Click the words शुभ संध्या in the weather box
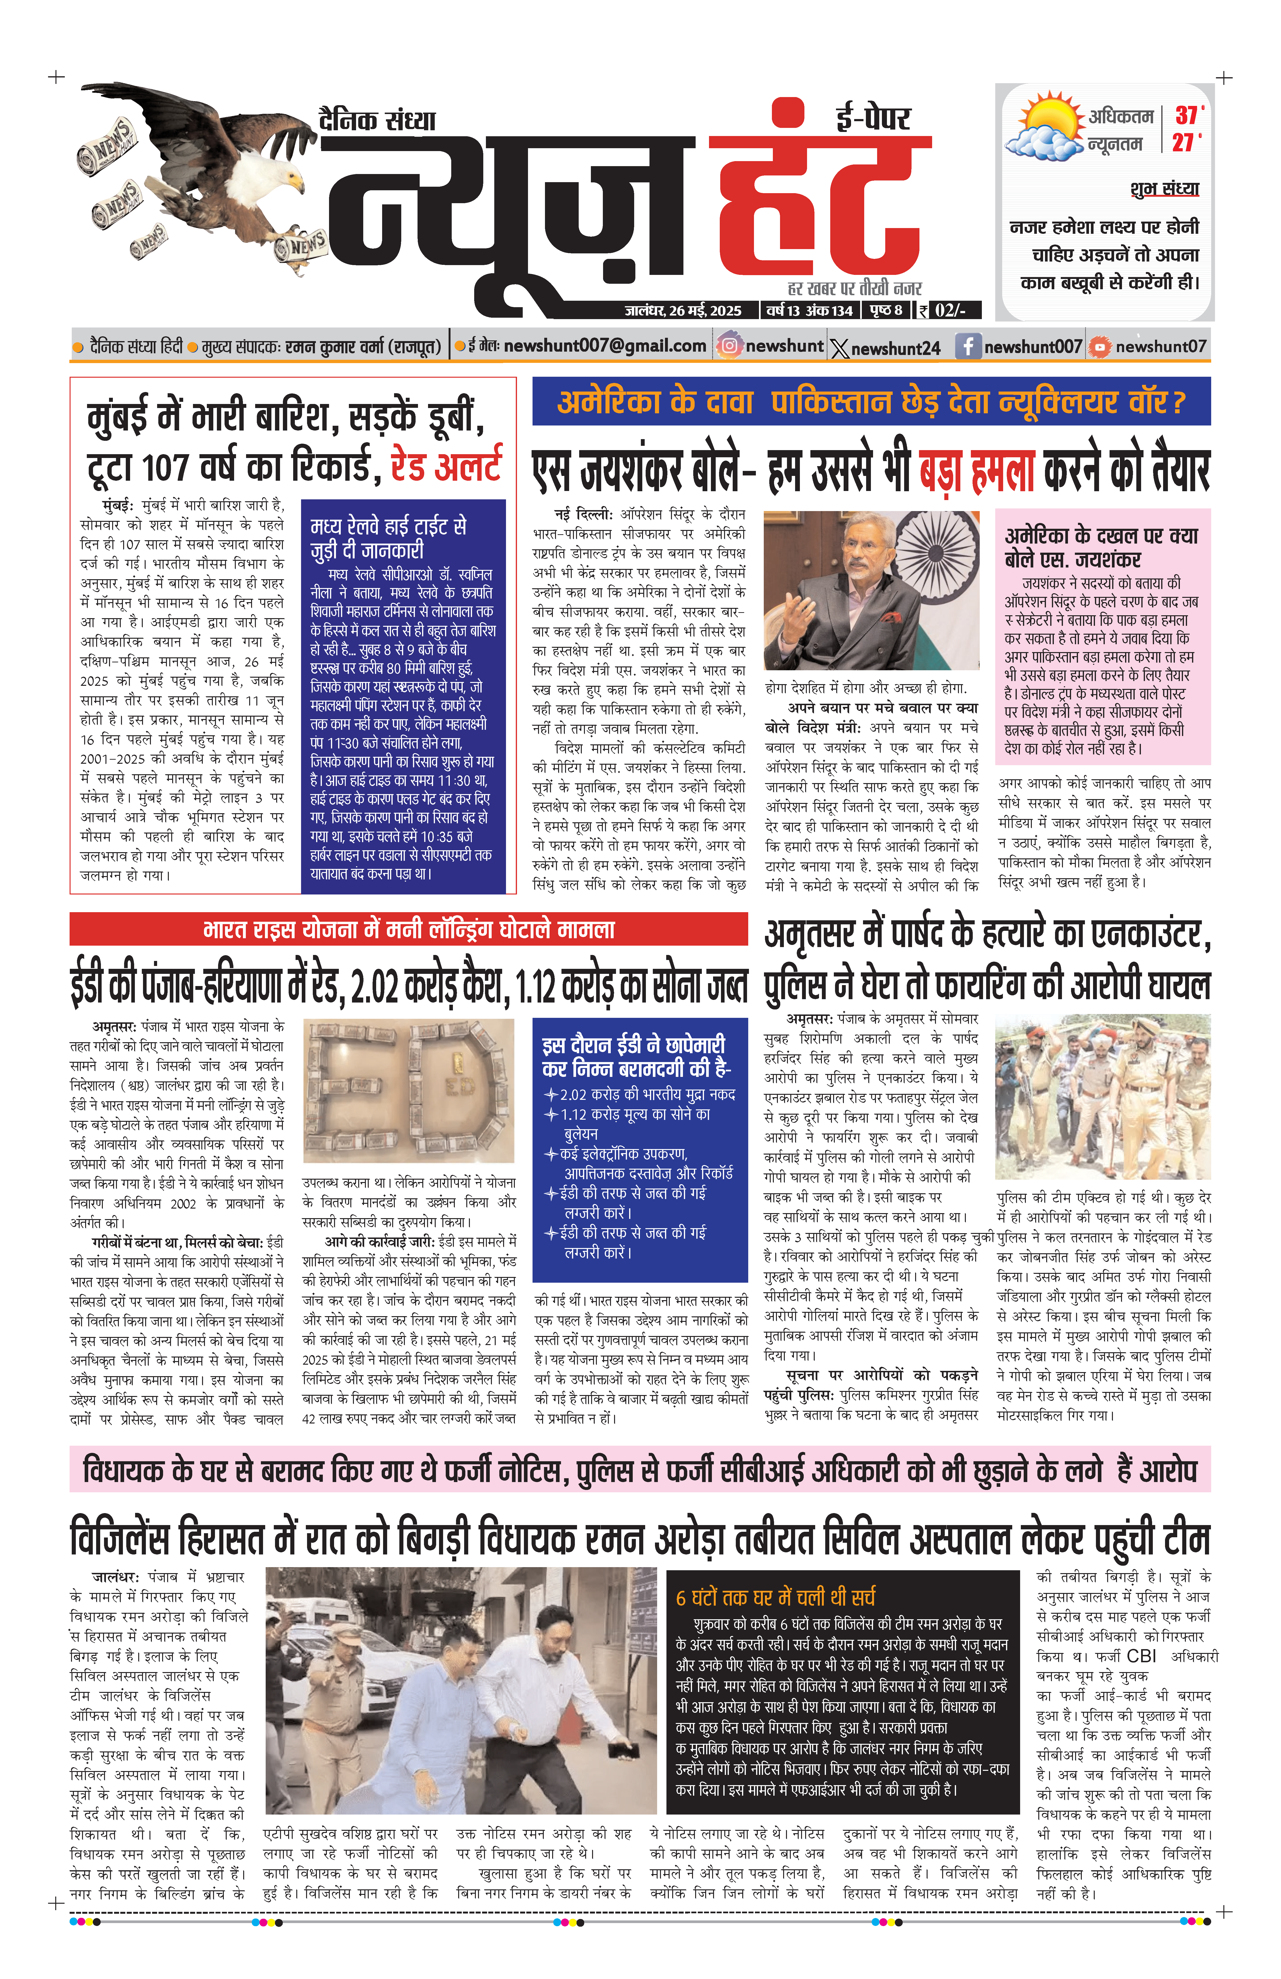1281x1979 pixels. tap(1164, 189)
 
